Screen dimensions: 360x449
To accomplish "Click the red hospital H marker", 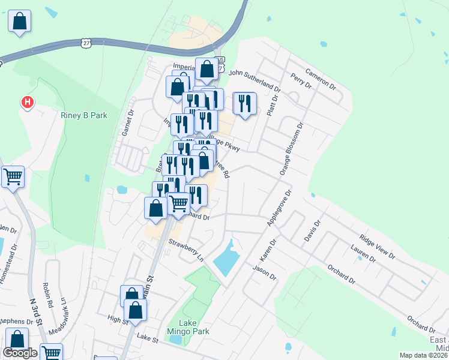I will click(x=27, y=103).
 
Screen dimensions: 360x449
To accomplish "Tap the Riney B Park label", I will click(x=83, y=115).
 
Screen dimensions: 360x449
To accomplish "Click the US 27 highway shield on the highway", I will click(x=86, y=43).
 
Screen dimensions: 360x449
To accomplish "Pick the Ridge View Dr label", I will click(x=377, y=247).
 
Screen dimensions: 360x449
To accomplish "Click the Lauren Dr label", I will click(x=363, y=256).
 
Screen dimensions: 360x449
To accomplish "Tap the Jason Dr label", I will click(x=264, y=274).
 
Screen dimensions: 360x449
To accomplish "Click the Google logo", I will click(x=20, y=353).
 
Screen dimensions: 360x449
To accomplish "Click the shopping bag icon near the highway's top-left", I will click(x=19, y=21).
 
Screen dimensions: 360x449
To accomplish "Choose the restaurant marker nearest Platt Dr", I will click(x=244, y=103).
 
